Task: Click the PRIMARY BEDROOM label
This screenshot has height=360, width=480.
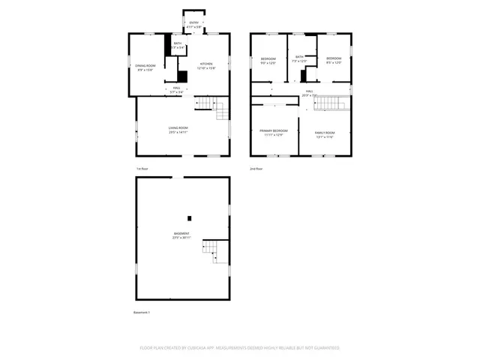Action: (273, 132)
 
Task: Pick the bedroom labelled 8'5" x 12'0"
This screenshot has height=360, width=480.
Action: (333, 60)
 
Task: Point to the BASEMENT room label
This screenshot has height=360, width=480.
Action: (182, 235)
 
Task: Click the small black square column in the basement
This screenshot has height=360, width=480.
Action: (190, 217)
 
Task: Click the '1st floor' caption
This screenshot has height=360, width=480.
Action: (142, 169)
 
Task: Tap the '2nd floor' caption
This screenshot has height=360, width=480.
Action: (256, 169)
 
